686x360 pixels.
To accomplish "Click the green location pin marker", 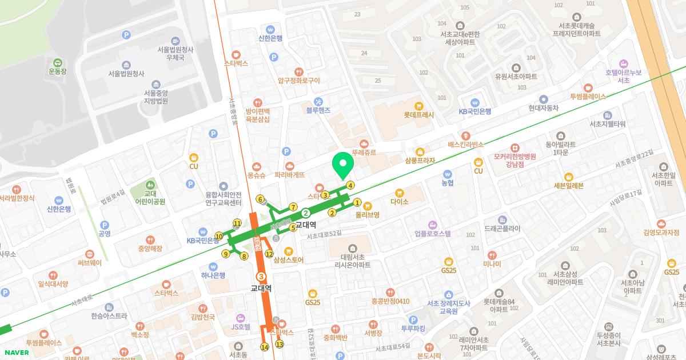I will [x=343, y=165].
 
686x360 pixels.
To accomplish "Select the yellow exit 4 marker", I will [x=350, y=185].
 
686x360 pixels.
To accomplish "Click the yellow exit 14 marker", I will [x=264, y=347].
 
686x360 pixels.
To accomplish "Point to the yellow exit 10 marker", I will [x=218, y=236].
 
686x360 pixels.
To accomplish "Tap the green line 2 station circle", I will [x=306, y=213].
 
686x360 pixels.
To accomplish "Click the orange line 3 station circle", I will [x=262, y=276].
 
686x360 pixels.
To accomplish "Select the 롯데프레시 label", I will [x=419, y=114].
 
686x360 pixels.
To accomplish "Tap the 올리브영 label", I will [x=368, y=215].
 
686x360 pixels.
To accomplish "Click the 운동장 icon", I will [x=57, y=62].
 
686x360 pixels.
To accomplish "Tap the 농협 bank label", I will [x=447, y=183].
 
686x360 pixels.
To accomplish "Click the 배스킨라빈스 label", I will [x=466, y=145].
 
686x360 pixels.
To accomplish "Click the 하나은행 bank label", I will [x=213, y=275].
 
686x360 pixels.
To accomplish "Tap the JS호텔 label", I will [x=240, y=327].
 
